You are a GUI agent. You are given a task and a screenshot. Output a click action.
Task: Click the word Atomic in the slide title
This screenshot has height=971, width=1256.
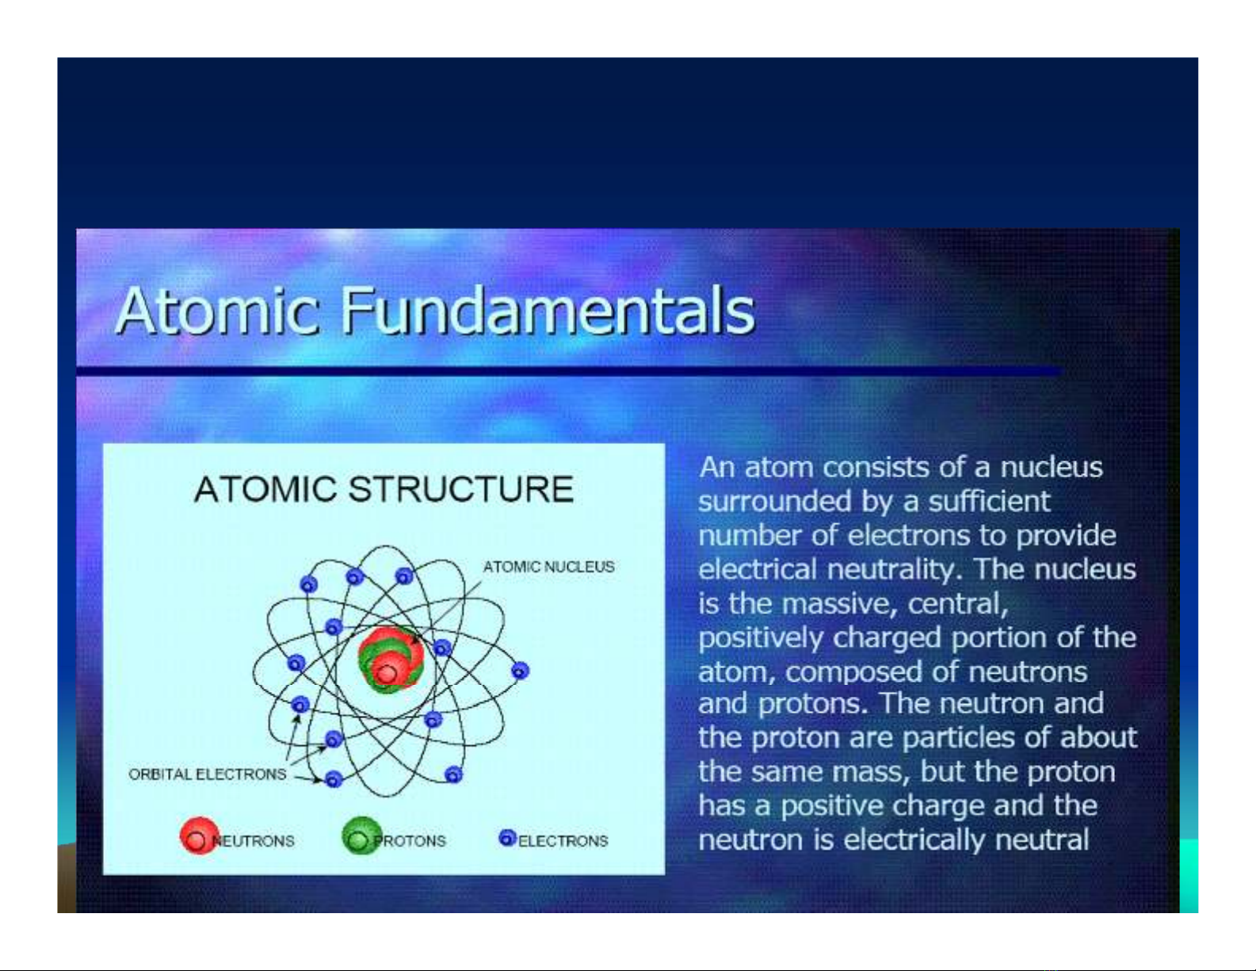(217, 311)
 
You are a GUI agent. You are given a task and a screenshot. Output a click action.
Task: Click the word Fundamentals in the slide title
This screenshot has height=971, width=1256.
(548, 311)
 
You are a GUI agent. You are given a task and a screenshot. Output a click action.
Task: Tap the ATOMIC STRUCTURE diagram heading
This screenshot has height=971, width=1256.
(384, 490)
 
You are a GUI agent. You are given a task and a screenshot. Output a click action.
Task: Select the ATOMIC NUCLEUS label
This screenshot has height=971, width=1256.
(548, 567)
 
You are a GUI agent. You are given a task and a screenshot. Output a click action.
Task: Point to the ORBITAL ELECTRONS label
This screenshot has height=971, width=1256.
(208, 774)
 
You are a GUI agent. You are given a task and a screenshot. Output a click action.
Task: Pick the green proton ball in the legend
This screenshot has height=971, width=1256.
(362, 835)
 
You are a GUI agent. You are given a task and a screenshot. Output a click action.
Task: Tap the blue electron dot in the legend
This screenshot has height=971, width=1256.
(507, 838)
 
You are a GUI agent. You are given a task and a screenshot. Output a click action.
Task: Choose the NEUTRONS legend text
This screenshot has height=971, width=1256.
(253, 841)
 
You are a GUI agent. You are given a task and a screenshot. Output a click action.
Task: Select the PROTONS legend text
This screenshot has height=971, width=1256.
(410, 841)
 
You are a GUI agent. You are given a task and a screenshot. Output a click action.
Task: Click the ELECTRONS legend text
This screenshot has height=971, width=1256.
(563, 841)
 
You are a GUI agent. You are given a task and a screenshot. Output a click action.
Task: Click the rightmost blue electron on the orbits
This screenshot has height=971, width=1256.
(520, 671)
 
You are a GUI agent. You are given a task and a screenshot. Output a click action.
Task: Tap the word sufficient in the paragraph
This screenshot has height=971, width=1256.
(990, 501)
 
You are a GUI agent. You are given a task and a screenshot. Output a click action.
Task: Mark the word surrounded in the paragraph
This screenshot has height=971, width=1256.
(774, 501)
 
